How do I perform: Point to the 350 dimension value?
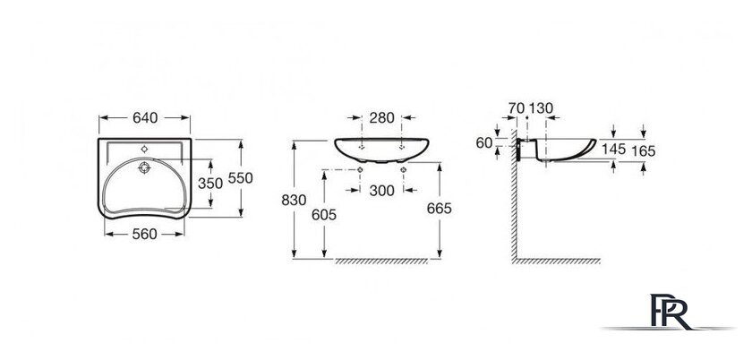(209, 183)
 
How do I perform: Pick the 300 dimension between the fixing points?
(380, 190)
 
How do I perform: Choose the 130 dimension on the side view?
(541, 108)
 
